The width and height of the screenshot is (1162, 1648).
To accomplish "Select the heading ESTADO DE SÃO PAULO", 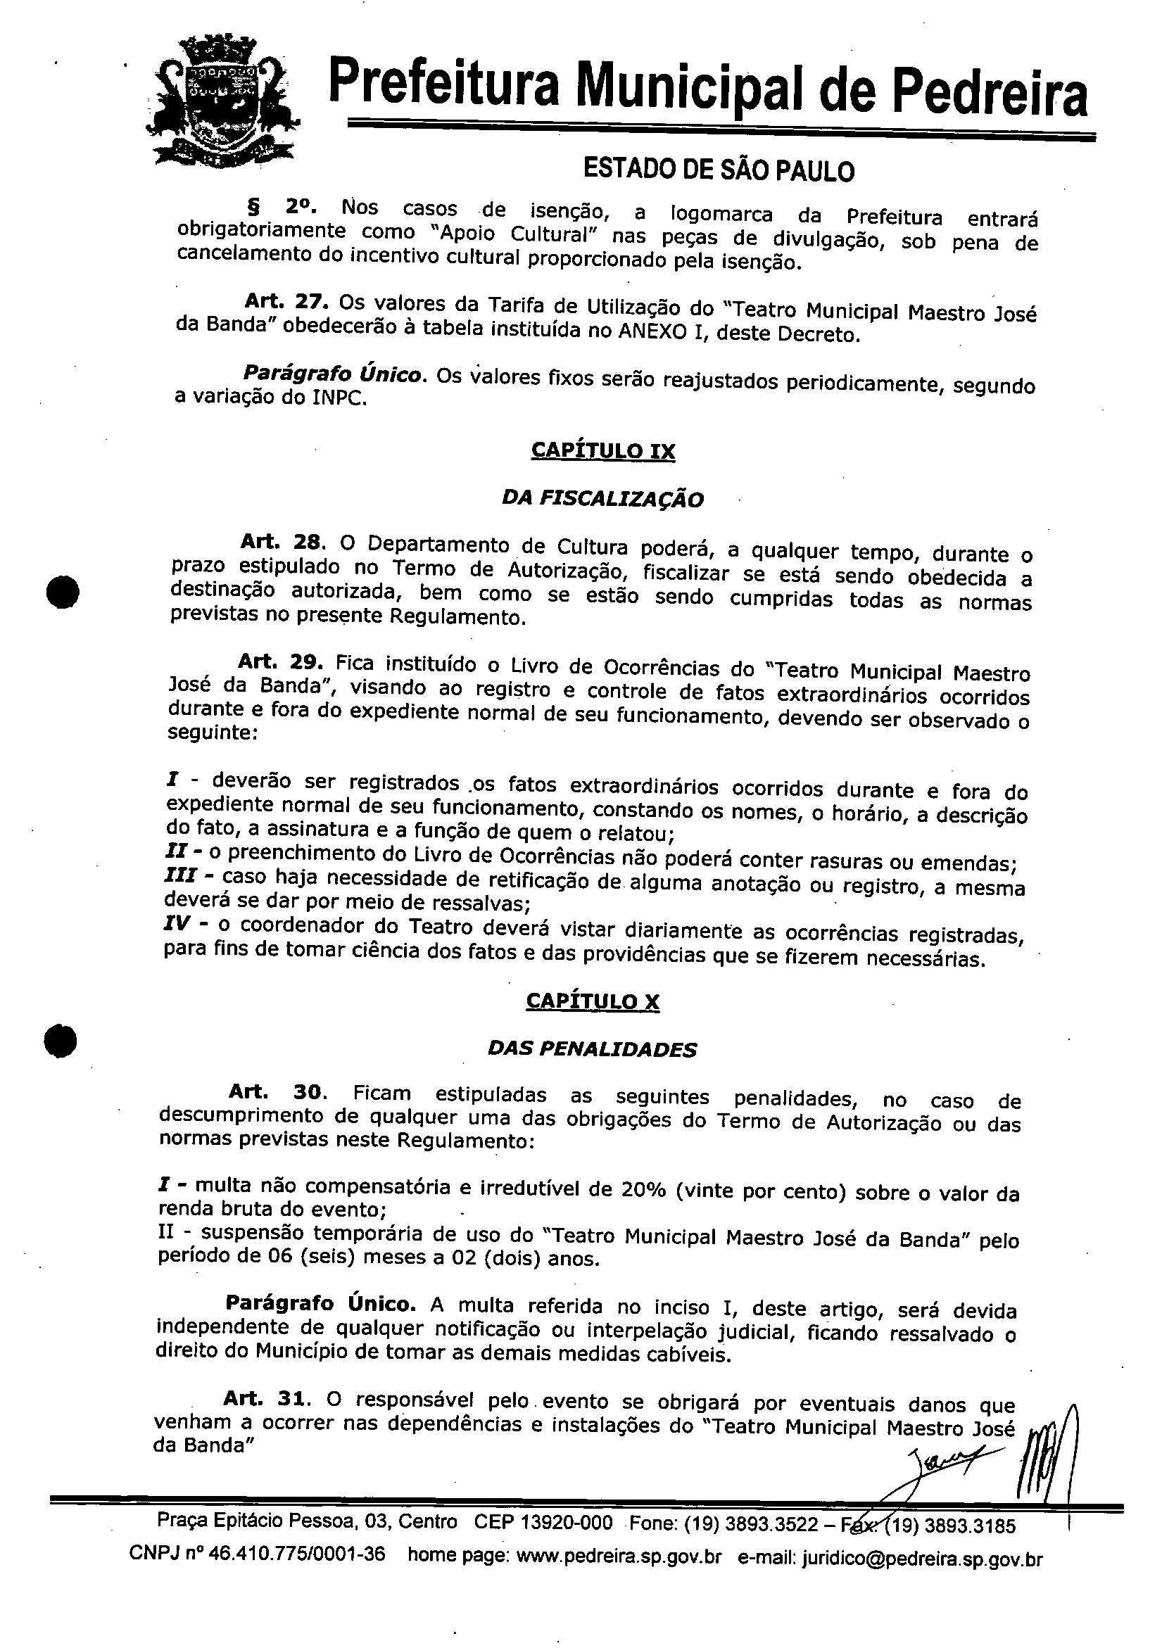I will (719, 170).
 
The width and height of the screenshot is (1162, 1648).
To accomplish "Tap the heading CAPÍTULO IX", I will (602, 451).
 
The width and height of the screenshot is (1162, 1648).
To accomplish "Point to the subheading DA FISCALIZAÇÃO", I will (602, 498).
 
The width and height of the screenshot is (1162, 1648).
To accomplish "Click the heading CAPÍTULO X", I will (592, 1001).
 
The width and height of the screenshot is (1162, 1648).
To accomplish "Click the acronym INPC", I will (337, 399).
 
